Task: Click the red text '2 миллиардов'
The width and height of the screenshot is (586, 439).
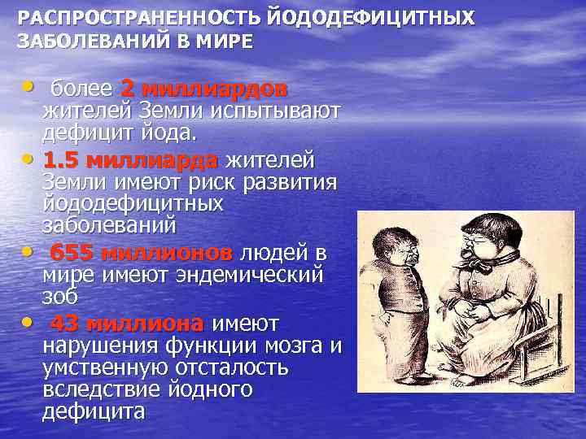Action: pyautogui.click(x=203, y=88)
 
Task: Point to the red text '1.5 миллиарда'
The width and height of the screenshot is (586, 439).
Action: pyautogui.click(x=130, y=159)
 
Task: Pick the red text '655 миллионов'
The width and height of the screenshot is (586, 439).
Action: pyautogui.click(x=140, y=253)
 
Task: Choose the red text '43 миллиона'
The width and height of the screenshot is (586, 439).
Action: pyautogui.click(x=127, y=324)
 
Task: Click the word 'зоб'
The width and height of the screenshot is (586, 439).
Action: pyautogui.click(x=63, y=297)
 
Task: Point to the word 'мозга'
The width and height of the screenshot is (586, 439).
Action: pyautogui.click(x=291, y=346)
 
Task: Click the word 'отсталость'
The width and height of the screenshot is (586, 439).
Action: pyautogui.click(x=230, y=367)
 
